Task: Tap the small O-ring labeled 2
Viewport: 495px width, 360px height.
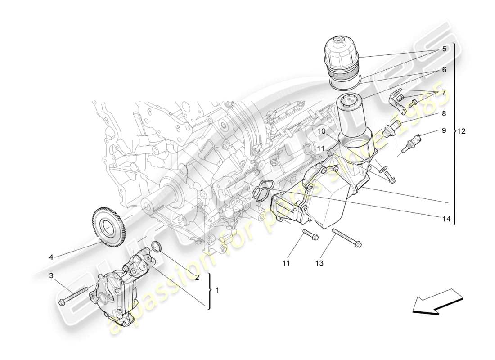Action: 156,246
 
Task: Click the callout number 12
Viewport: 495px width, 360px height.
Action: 461,131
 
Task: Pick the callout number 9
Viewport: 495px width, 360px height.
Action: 443,130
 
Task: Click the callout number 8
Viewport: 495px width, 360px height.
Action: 443,114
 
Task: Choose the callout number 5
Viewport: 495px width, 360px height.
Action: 444,49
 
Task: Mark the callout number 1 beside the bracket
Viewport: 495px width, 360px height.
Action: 217,290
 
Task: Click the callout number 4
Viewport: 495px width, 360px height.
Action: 51,257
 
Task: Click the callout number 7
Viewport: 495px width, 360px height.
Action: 444,92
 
